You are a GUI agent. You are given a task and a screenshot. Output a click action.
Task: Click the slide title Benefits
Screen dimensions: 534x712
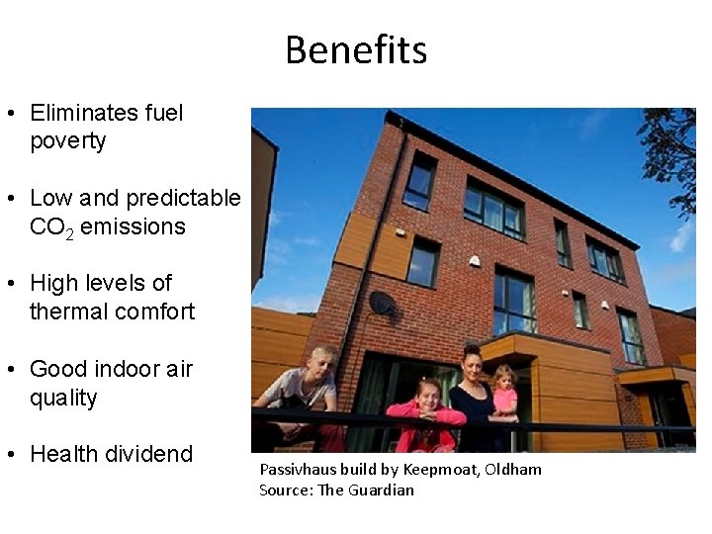click(x=356, y=49)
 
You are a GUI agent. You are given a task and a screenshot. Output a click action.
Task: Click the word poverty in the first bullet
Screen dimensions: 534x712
click(x=67, y=141)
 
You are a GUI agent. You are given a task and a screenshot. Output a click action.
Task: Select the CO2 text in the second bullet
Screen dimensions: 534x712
click(x=51, y=227)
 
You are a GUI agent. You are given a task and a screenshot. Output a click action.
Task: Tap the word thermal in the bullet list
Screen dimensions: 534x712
click(x=69, y=312)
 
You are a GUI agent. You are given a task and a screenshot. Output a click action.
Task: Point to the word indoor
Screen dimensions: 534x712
click(x=123, y=369)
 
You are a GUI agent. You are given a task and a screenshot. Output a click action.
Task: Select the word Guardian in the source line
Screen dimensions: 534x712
click(x=382, y=489)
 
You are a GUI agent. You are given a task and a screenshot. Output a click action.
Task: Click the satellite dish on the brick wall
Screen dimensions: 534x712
click(x=381, y=302)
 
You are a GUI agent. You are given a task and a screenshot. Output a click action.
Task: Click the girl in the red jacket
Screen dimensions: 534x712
click(x=425, y=410)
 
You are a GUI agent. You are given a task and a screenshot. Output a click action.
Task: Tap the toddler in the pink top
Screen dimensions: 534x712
click(x=503, y=389)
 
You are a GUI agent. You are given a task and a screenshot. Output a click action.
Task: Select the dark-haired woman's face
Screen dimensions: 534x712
click(x=472, y=361)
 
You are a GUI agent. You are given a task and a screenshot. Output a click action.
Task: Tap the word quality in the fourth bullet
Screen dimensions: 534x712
click(x=63, y=398)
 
